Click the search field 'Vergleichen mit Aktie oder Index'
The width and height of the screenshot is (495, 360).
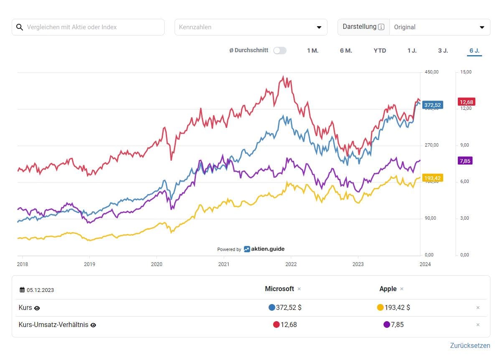pos(92,27)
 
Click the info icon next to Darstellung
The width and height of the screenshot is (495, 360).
pos(381,27)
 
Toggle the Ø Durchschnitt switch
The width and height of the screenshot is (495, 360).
pos(280,51)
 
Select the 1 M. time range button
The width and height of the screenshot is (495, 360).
pos(312,51)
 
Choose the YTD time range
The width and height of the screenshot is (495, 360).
pos(380,51)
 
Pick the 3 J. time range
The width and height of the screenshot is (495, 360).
pos(443,51)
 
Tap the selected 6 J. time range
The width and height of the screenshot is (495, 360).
pos(474,51)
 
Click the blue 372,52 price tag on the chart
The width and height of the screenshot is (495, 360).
pos(432,105)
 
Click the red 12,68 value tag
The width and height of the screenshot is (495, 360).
pos(466,102)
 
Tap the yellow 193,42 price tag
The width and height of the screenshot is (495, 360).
pos(432,178)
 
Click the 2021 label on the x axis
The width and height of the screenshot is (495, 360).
pos(223,264)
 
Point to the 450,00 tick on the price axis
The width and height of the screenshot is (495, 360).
pos(432,72)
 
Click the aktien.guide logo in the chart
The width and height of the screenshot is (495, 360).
pos(264,249)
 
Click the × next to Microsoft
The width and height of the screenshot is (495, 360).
pos(299,289)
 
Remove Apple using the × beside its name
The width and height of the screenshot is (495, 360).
pos(402,289)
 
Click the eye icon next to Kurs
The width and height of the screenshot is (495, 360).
pos(37,308)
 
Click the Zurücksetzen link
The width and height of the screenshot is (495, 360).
pos(470,345)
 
